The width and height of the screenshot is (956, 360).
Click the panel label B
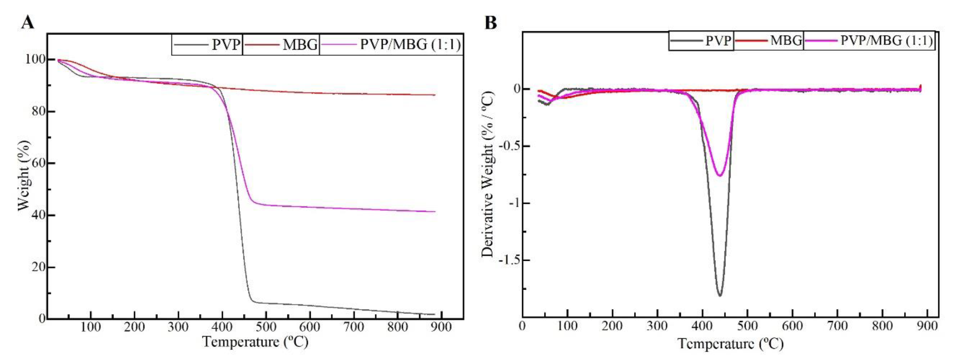click(491, 23)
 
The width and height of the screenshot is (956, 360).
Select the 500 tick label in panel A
click(266, 327)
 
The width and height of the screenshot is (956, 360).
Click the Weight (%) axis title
click(24, 175)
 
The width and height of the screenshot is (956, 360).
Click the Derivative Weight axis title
click(488, 174)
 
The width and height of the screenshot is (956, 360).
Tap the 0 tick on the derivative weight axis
click(516, 89)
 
